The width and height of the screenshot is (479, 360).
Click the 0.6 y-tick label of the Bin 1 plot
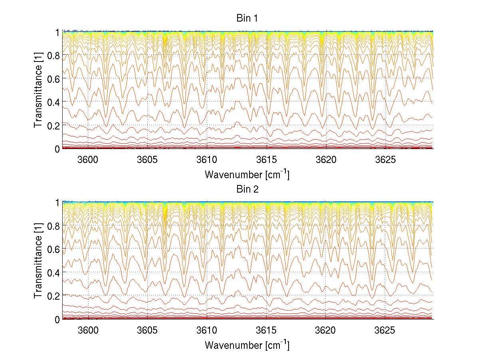click(54, 78)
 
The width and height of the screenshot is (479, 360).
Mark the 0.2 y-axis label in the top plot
click(54, 125)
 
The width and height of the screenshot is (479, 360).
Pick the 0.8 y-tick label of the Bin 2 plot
click(54, 226)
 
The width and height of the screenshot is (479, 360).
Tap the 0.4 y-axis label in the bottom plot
click(54, 272)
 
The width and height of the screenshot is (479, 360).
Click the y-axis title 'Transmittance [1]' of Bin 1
click(38, 90)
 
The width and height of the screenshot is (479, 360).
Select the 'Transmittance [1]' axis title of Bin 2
click(38, 261)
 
